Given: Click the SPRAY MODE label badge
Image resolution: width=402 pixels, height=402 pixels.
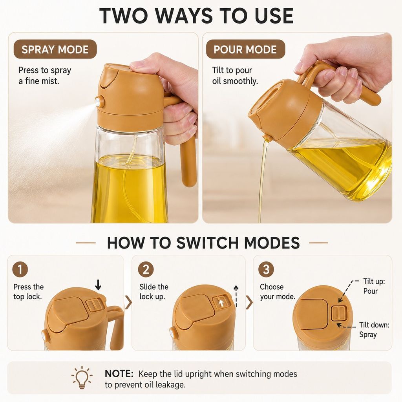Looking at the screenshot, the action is [x=55, y=49].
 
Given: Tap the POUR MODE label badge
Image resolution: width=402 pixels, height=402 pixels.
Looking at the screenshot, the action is [x=245, y=49].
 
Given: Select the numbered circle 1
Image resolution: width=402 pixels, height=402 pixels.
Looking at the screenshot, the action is [x=20, y=269].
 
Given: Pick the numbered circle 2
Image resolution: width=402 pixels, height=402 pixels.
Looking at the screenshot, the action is [x=146, y=269].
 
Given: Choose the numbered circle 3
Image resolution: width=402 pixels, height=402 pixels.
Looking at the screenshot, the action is [x=266, y=269].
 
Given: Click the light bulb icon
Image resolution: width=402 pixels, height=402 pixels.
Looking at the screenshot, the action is [x=82, y=377].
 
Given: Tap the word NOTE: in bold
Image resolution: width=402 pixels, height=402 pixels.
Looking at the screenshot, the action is [x=119, y=374].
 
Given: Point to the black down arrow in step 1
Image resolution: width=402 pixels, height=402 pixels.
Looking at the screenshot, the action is [x=98, y=285].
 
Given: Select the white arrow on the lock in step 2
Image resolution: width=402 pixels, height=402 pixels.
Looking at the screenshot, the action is [x=221, y=303].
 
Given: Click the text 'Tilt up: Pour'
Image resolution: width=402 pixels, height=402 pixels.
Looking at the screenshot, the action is [x=374, y=286].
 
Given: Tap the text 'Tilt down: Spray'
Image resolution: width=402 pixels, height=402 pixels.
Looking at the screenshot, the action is [x=374, y=330].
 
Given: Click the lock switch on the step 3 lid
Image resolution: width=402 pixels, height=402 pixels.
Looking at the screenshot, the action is [x=339, y=313].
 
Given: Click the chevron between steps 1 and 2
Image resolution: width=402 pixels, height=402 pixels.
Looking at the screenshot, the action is [x=128, y=302].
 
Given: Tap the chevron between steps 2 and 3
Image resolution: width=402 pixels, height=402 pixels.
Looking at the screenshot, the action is [x=249, y=302].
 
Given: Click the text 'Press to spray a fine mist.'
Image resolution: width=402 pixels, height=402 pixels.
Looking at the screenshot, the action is [x=45, y=76].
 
